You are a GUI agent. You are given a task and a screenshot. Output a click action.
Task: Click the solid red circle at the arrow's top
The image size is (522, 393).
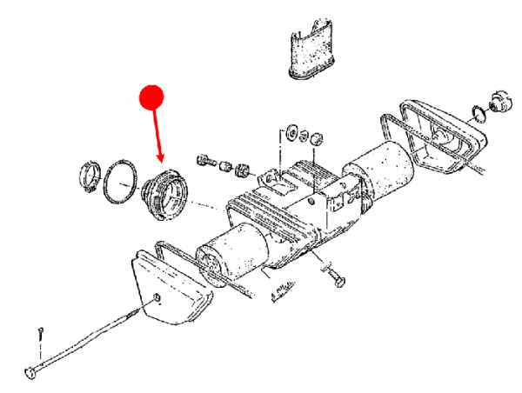point(153,96)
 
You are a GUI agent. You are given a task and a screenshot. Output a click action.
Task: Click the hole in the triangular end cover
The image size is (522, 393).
point(157,300)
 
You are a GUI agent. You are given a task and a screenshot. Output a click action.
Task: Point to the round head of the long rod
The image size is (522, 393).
point(32,373)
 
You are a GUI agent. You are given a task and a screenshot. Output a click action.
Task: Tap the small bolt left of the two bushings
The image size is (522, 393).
point(206,160)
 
